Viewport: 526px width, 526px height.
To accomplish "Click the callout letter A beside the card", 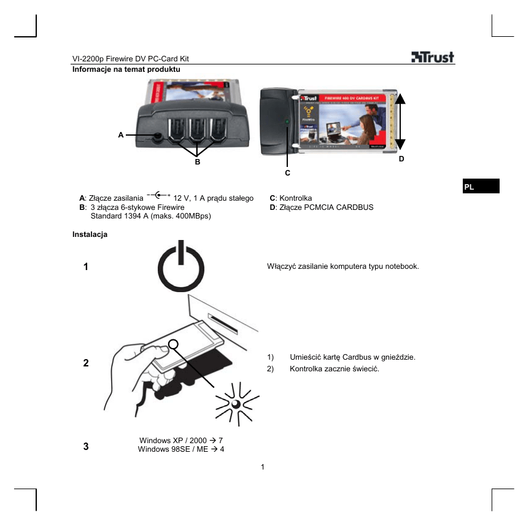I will coord(121,134).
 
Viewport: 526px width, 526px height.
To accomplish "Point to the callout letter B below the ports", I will coord(197,162).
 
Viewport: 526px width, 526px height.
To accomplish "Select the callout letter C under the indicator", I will coord(287,173).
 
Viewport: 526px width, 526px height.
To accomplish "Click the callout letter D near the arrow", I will coord(401,159).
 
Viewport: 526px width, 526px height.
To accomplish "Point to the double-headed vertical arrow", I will coord(400,123).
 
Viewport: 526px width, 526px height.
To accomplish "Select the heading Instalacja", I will coord(90,235).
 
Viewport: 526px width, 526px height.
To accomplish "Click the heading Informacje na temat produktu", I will coord(126,69).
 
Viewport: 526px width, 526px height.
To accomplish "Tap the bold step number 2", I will coord(86,363).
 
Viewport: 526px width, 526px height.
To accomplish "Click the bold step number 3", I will coord(86,446).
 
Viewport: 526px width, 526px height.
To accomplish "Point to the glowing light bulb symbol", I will coord(235,403).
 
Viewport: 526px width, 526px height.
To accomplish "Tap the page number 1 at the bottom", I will coord(263,468).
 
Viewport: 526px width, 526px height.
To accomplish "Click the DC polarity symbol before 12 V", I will coord(158,195).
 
